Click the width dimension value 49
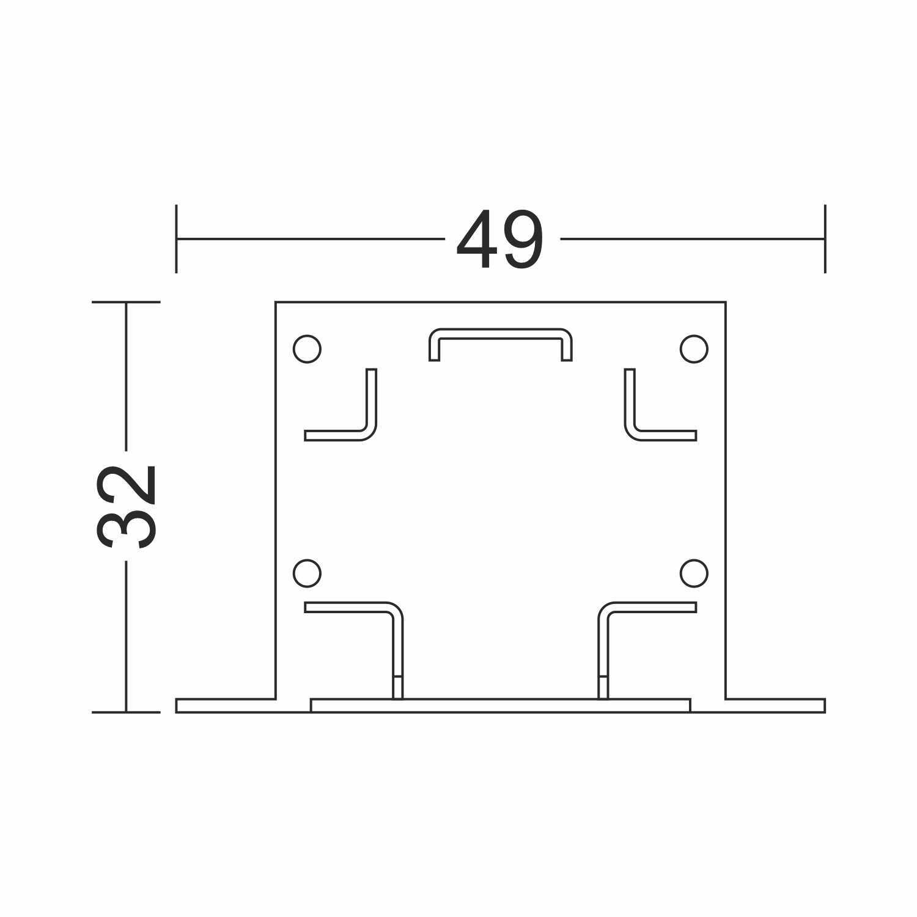pos(499,239)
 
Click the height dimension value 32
pos(127,506)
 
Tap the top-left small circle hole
pos(307,348)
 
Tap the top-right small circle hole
pos(694,348)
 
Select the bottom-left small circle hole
pos(307,573)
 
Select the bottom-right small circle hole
pos(694,573)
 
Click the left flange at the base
pos(226,705)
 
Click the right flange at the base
pos(775,705)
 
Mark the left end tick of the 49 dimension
pos(176,238)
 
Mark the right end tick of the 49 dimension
pos(825,238)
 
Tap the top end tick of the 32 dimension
pos(126,302)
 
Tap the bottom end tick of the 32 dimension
pos(126,712)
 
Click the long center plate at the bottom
pos(500,705)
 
